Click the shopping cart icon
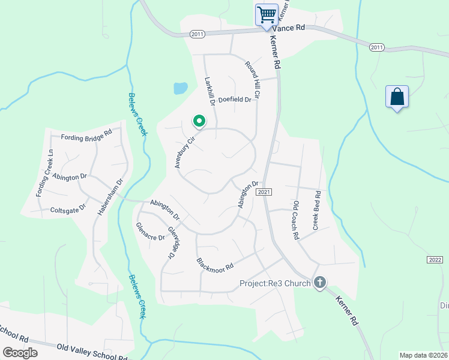[266, 14]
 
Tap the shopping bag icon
[397, 97]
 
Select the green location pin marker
[199, 122]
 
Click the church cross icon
[320, 283]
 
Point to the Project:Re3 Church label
[275, 283]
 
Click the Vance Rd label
[289, 28]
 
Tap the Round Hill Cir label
[253, 79]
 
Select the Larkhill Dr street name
[209, 91]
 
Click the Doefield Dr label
[234, 100]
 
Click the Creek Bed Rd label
[316, 211]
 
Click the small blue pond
[180, 88]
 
